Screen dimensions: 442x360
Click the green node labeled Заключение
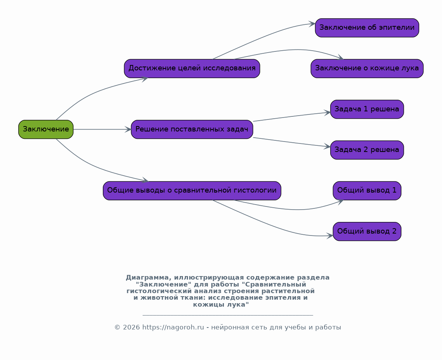click(x=46, y=130)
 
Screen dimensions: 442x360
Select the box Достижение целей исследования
click(x=192, y=68)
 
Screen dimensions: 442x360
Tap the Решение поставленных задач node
click(x=192, y=130)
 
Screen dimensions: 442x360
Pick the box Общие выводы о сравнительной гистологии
click(x=192, y=191)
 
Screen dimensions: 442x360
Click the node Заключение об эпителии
click(x=367, y=27)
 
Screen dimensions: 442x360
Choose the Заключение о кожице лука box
click(x=367, y=68)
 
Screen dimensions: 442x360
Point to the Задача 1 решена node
click(x=367, y=109)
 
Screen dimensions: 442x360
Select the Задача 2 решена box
click(x=367, y=150)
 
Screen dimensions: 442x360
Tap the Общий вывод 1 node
click(x=367, y=191)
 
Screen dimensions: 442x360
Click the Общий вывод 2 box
click(x=367, y=232)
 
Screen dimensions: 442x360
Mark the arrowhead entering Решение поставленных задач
click(x=128, y=130)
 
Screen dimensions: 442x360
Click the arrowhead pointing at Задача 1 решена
click(x=327, y=113)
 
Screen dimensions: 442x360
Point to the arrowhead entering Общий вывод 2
click(x=330, y=235)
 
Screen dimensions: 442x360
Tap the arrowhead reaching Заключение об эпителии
click(x=312, y=24)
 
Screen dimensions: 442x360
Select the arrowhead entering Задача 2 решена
click(x=327, y=146)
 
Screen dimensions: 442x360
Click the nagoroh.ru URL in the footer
click(x=173, y=327)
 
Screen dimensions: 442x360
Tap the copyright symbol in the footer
click(x=117, y=327)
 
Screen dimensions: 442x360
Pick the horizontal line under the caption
click(x=228, y=315)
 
